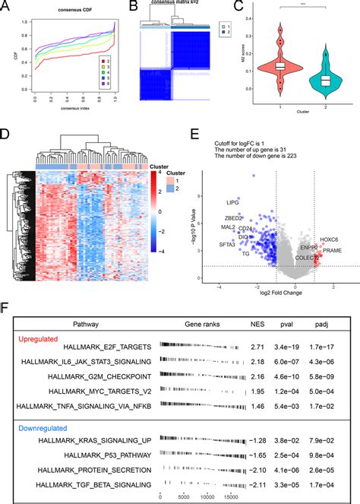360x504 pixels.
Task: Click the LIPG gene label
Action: coord(231,203)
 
